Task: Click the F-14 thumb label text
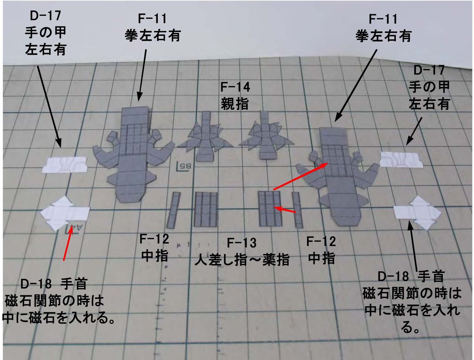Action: pyautogui.click(x=235, y=96)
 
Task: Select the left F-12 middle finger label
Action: pyautogui.click(x=154, y=247)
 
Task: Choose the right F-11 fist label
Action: pyautogui.click(x=383, y=27)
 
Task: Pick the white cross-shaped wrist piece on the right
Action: pyautogui.click(x=418, y=213)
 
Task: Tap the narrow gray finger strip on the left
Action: pyautogui.click(x=173, y=210)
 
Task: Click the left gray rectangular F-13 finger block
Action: pyautogui.click(x=205, y=209)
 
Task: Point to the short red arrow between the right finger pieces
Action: pyautogui.click(x=287, y=210)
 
